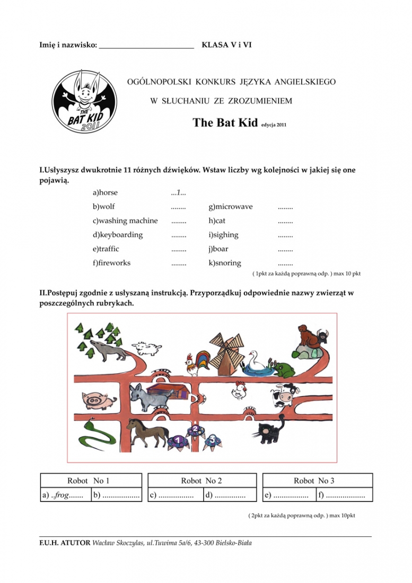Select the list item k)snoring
coord(225,263)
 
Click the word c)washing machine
coord(125,220)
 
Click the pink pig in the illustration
coord(99,400)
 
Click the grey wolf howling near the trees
coord(108,350)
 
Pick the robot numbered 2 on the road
coord(195,430)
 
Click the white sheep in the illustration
coord(147,348)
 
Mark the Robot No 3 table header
coord(314,481)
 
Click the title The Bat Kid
coord(225,123)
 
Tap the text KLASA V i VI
coord(226,45)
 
